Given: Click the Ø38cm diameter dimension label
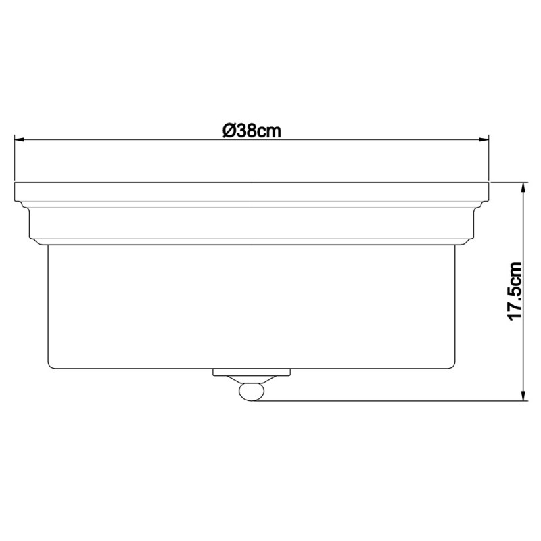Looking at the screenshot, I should pos(252,131).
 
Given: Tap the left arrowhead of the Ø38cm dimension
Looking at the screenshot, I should pos(20,140).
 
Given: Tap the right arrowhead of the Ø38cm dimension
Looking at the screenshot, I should pos(484,140).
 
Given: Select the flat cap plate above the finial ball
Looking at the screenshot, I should pos(252,372).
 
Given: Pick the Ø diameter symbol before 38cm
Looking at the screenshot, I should pos(228,131).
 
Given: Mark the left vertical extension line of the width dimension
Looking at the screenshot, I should pos(15,159).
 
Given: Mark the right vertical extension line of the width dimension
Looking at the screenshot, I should pos(490,159).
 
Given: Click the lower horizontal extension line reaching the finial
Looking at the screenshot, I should pos(392,401).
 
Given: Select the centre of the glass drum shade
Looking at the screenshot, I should pos(252,304).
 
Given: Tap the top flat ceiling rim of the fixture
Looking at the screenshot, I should pos(252,191).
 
